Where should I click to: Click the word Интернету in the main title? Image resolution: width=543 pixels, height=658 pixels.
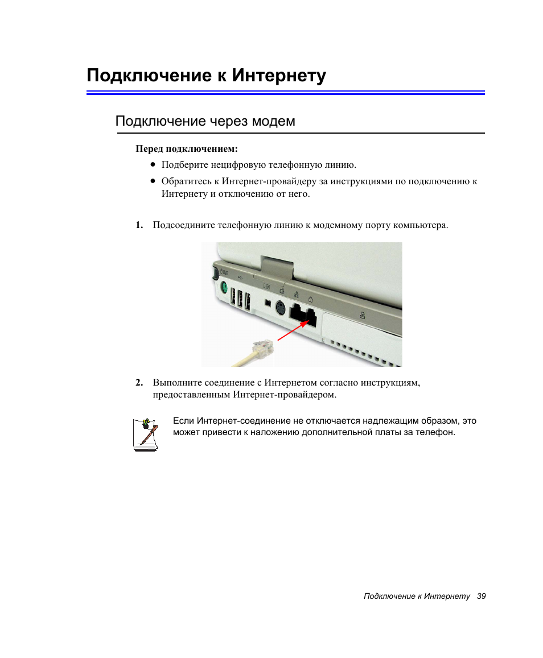279,76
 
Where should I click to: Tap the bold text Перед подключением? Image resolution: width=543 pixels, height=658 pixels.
187,149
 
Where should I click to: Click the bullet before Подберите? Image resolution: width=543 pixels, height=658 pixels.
153,164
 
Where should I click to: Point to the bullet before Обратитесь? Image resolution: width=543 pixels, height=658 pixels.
153,181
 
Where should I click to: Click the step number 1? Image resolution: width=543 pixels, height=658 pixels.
139,225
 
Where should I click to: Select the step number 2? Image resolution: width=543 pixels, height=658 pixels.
139,383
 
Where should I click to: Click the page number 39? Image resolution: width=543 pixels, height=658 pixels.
482,597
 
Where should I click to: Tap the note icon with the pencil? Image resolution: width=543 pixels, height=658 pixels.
146,434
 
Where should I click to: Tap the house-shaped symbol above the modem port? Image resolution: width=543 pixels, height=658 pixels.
310,300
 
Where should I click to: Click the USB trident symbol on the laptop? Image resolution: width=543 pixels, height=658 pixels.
240,278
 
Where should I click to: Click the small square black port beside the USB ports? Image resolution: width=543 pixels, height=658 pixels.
268,302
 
